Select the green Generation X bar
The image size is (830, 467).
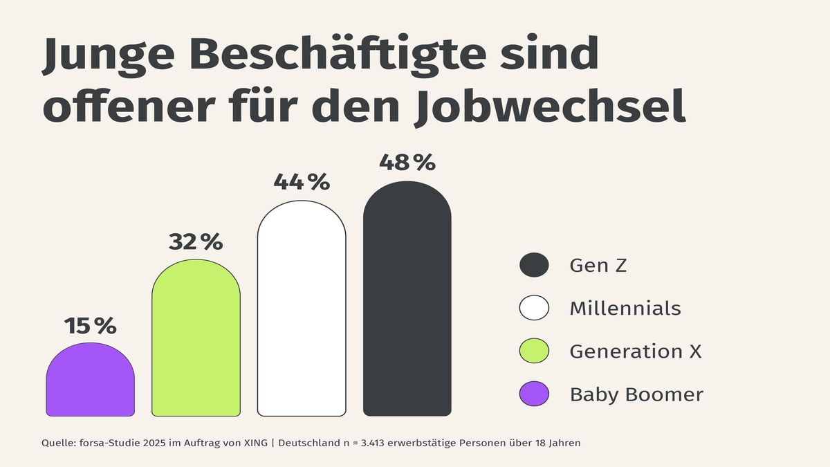tap(196, 339)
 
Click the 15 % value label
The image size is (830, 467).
tap(90, 326)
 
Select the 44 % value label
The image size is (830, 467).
tap(302, 182)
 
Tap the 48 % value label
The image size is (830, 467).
tap(407, 163)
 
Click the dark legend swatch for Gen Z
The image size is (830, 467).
tap(534, 265)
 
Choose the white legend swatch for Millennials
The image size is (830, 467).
tap(534, 308)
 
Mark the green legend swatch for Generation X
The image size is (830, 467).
tap(534, 351)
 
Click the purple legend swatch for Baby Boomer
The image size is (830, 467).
tap(534, 394)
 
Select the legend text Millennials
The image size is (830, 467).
tap(625, 308)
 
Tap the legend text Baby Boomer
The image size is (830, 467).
tap(636, 394)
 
